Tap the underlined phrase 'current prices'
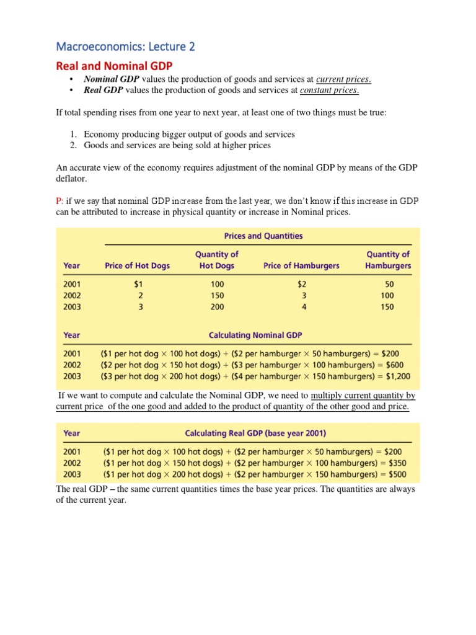coord(343,79)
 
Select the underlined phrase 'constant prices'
coord(329,91)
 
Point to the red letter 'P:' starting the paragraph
coord(59,201)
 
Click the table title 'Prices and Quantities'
coord(263,236)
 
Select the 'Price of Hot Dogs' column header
coord(137,265)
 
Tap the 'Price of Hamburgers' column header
coord(301,265)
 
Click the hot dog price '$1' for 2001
coord(139,284)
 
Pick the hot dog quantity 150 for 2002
coord(217,295)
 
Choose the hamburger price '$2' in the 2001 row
coord(302,284)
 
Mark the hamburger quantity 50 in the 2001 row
coord(389,284)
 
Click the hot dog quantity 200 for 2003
coord(217,306)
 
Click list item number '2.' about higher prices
coord(73,145)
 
